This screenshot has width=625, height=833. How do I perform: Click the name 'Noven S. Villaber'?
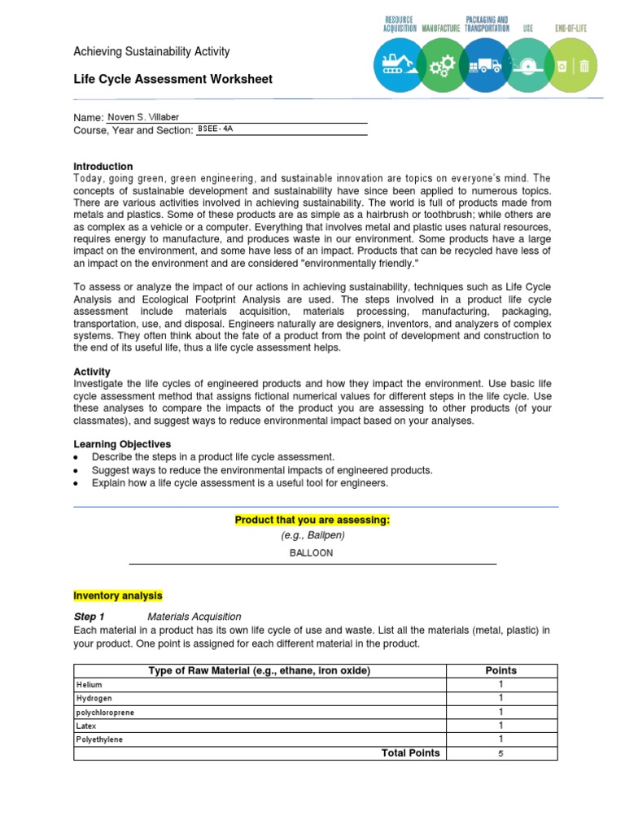point(143,117)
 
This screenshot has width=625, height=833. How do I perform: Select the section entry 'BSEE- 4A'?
point(216,129)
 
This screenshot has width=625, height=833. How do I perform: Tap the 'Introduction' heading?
point(103,166)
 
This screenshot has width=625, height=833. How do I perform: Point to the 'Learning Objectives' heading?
point(122,444)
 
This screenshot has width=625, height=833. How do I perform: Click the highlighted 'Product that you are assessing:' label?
point(312,520)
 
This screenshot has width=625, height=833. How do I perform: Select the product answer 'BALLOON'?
point(312,553)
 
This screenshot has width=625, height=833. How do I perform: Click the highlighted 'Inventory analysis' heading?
point(118,595)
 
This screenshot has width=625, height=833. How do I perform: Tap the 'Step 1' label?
point(90,617)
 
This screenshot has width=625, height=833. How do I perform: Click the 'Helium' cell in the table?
point(90,685)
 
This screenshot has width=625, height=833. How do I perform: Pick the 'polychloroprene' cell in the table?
point(106,713)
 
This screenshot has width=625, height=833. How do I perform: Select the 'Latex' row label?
point(86,726)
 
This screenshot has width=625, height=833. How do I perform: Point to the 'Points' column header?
point(500,670)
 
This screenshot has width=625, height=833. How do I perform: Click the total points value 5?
point(500,754)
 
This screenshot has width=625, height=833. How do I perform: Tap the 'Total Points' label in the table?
point(410,753)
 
